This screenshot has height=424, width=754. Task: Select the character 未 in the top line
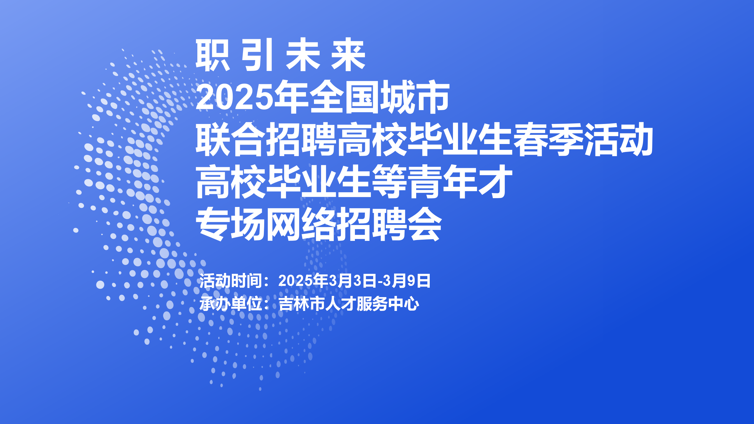(303, 55)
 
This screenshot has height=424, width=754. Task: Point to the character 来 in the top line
(348, 55)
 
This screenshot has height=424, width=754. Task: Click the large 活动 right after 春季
(618, 139)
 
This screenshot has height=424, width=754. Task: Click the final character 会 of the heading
(424, 224)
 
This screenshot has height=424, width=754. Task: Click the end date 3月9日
(407, 281)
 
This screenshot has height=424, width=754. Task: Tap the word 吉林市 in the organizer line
(302, 304)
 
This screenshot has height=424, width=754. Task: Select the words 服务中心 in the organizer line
(388, 304)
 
